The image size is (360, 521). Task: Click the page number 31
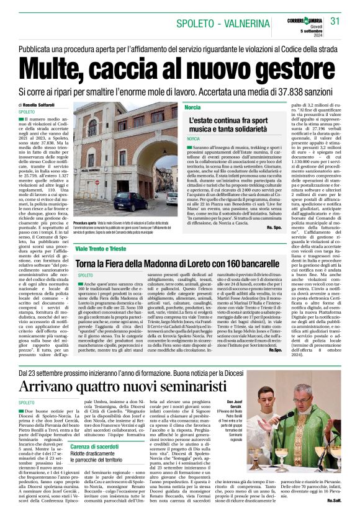click(x=336, y=20)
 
